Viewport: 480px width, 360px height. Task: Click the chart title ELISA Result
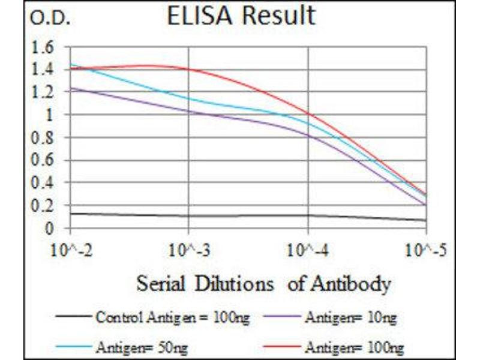[x=241, y=16]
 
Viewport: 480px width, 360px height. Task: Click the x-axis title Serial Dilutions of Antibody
[x=263, y=283]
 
